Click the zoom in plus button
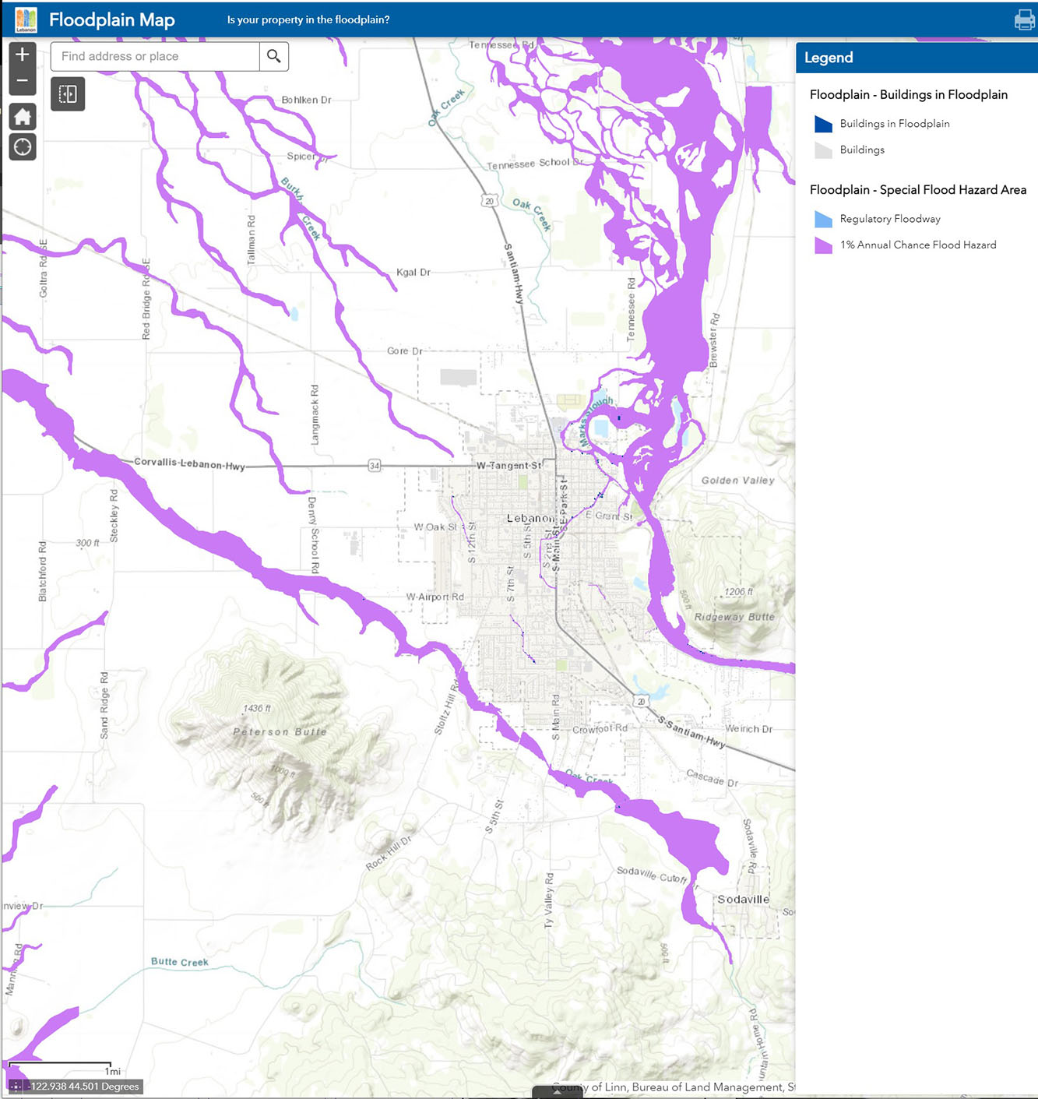pyautogui.click(x=23, y=55)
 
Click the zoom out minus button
pyautogui.click(x=23, y=81)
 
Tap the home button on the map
pyautogui.click(x=23, y=117)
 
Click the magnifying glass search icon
pyautogui.click(x=274, y=56)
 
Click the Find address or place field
pyautogui.click(x=155, y=56)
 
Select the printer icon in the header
pyautogui.click(x=1024, y=19)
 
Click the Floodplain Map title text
pyautogui.click(x=111, y=19)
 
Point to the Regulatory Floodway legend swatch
pyautogui.click(x=823, y=219)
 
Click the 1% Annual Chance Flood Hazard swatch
pyautogui.click(x=823, y=245)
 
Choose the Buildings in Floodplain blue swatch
pyautogui.click(x=823, y=124)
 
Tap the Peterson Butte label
pyautogui.click(x=280, y=731)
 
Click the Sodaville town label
pyautogui.click(x=743, y=899)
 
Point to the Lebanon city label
pyautogui.click(x=531, y=518)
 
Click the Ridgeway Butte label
pyautogui.click(x=734, y=617)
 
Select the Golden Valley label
pyautogui.click(x=737, y=481)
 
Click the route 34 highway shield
pyautogui.click(x=375, y=466)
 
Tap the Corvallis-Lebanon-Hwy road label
pyautogui.click(x=189, y=463)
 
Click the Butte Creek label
pyautogui.click(x=179, y=962)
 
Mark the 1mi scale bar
pyautogui.click(x=60, y=1064)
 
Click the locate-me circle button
pyautogui.click(x=23, y=146)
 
